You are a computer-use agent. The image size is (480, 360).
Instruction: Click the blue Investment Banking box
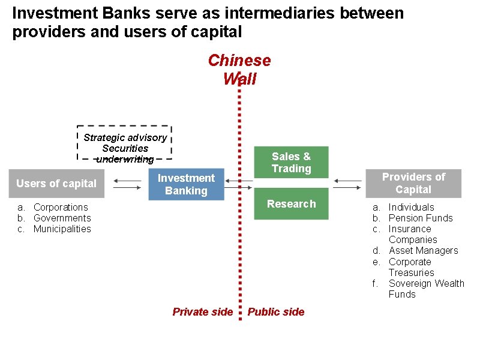pos(186,184)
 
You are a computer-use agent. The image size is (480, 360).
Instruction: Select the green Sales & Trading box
pos(291,162)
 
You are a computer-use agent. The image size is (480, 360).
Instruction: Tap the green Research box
pos(291,204)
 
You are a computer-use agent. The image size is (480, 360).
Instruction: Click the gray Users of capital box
pos(56,184)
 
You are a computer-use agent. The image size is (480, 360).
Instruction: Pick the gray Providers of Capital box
pos(413,183)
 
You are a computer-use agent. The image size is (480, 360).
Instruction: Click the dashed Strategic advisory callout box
pos(125,143)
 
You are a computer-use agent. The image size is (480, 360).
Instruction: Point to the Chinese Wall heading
pos(239,69)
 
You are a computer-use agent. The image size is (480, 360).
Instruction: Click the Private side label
pos(202,312)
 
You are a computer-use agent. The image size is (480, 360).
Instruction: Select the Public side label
pos(276,312)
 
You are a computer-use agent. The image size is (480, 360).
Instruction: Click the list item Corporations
pos(61,207)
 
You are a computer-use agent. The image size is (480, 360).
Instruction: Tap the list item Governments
pos(62,218)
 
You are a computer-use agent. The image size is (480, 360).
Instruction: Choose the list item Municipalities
pos(62,229)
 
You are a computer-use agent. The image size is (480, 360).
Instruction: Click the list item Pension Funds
pos(421,218)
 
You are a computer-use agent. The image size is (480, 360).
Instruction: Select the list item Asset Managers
pos(423,250)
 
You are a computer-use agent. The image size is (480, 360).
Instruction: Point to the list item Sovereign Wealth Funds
pos(426,289)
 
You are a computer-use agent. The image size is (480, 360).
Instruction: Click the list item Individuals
pos(411,207)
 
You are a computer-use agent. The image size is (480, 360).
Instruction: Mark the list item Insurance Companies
pos(413,234)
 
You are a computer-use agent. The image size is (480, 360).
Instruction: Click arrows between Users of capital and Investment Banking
pos(127,184)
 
